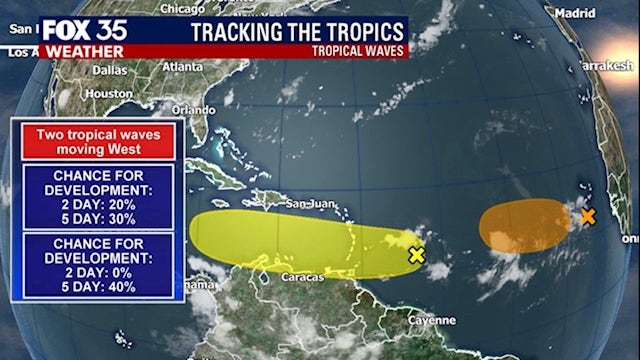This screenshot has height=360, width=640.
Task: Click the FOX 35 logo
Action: click(83, 30)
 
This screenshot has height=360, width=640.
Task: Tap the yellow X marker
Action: click(417, 255)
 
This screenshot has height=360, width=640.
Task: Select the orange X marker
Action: click(588, 216)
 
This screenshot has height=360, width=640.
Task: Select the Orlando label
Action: click(193, 110)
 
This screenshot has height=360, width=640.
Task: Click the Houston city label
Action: click(108, 93)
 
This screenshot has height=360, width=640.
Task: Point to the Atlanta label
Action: click(181, 66)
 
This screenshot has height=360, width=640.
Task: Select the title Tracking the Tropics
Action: click(298, 30)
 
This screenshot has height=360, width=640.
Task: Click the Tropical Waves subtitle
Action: click(357, 49)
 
